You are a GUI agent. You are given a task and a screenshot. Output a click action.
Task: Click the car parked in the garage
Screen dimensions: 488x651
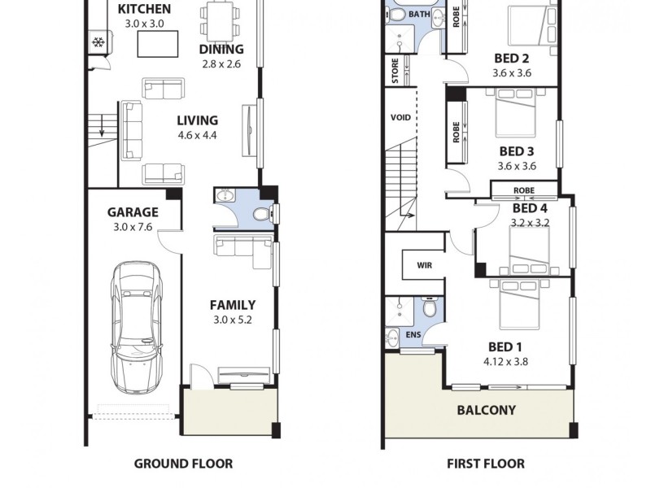(136, 325)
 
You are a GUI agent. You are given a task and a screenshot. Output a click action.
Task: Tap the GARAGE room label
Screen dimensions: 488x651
(133, 212)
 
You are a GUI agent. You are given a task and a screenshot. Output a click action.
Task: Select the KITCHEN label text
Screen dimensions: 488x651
(145, 9)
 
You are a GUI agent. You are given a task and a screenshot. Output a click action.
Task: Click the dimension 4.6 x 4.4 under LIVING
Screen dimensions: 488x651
(198, 136)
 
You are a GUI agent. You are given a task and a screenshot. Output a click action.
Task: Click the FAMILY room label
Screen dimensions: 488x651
(233, 305)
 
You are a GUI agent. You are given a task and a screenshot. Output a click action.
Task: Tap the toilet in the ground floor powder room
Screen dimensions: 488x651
(261, 215)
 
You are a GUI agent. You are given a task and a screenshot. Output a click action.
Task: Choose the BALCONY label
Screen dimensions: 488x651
(487, 410)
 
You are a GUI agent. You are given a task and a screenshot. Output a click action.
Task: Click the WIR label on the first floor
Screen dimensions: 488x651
(424, 265)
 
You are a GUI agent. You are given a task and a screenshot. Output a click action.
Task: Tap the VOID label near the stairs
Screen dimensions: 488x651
(400, 117)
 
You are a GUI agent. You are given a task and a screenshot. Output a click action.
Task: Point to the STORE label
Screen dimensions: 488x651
(395, 71)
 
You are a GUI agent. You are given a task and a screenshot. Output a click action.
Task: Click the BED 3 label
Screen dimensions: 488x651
(516, 151)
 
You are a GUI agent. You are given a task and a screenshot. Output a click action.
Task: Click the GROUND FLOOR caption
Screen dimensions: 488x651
(183, 464)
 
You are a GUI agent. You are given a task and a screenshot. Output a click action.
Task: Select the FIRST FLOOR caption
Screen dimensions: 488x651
(486, 464)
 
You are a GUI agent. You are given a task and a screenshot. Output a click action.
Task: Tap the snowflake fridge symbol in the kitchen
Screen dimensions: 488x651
(98, 42)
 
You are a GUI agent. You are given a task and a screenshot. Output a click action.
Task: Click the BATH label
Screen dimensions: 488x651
(419, 15)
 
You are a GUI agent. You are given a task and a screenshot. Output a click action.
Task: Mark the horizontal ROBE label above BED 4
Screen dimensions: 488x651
(523, 191)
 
